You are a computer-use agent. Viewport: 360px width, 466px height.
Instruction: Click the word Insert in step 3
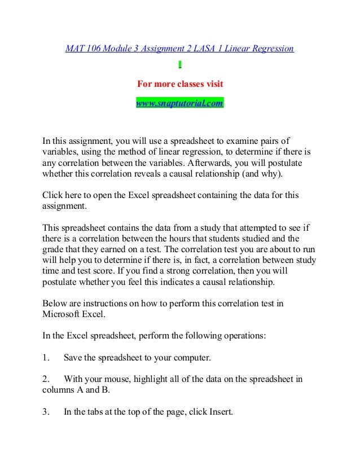click(x=219, y=412)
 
